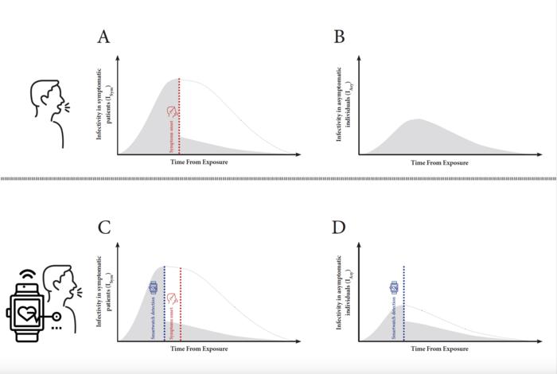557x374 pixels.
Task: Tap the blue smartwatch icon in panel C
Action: (x=154, y=286)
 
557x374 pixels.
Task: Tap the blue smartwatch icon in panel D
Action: (x=394, y=287)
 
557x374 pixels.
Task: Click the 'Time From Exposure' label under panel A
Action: (x=199, y=162)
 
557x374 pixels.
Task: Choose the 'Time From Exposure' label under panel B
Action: (x=439, y=162)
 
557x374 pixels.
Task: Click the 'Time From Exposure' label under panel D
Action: (x=439, y=349)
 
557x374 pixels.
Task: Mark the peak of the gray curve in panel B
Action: (x=419, y=119)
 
